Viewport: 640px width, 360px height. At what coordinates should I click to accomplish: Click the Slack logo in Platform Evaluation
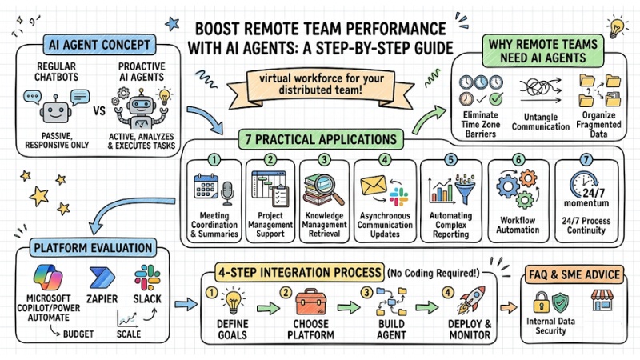point(147,277)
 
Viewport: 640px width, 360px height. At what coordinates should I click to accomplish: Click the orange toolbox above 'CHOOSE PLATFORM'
point(313,303)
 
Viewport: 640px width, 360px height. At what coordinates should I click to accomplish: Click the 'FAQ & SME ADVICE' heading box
point(573,274)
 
